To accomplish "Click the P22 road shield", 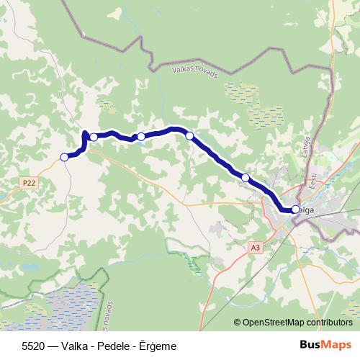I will click(28, 183).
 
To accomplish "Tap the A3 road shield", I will click(255, 247).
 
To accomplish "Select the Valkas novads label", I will click(194, 72).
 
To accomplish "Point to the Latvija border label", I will click(305, 147).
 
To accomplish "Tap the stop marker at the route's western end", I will click(64, 157).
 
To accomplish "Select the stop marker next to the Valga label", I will click(295, 210).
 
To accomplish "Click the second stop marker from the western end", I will click(94, 137).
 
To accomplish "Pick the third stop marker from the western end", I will click(141, 136).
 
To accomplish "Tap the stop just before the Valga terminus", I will click(246, 177).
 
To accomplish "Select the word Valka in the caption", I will click(67, 346).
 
